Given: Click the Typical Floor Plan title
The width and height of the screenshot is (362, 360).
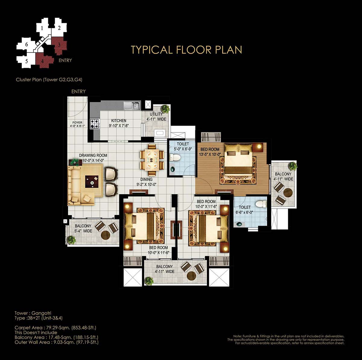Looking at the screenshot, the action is tap(186, 50).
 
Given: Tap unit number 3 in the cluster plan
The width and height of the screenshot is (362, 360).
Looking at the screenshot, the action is tap(59, 45).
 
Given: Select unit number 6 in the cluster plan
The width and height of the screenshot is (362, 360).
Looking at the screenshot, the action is tap(27, 45).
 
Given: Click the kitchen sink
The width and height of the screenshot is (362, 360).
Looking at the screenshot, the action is tap(132, 106).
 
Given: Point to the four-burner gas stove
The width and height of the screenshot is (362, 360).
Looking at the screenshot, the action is tap(95, 124).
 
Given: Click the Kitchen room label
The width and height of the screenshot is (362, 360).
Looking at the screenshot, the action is tap(119, 121).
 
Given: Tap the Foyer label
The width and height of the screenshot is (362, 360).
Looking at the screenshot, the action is tap(77, 122).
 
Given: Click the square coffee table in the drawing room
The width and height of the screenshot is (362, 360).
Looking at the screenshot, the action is tap(92, 182).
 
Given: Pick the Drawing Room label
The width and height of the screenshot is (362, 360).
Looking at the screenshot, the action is tap(93, 156).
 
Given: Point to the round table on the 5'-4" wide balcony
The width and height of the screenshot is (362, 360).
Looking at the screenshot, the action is tap(106, 235).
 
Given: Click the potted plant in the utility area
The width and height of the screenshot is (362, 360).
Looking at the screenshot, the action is tap(165, 108).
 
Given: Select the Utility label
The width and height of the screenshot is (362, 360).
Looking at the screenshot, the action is tap(156, 114).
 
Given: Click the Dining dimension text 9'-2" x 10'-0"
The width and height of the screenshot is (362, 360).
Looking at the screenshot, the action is tap(146, 185).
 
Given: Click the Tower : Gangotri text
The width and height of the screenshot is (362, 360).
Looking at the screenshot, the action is tap(33, 313).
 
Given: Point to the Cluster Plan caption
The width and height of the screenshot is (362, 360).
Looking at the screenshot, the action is tap(49, 80).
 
